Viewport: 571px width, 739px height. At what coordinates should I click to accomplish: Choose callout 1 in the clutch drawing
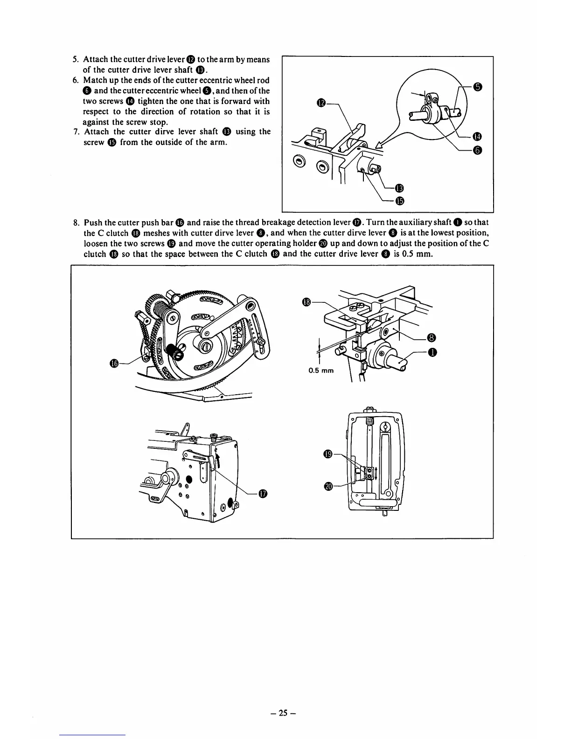(432, 353)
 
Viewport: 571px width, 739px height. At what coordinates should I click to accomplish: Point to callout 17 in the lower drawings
(263, 494)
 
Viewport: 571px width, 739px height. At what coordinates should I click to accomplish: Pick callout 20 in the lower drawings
(327, 487)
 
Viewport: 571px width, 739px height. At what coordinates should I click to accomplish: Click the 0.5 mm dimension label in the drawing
(321, 371)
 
